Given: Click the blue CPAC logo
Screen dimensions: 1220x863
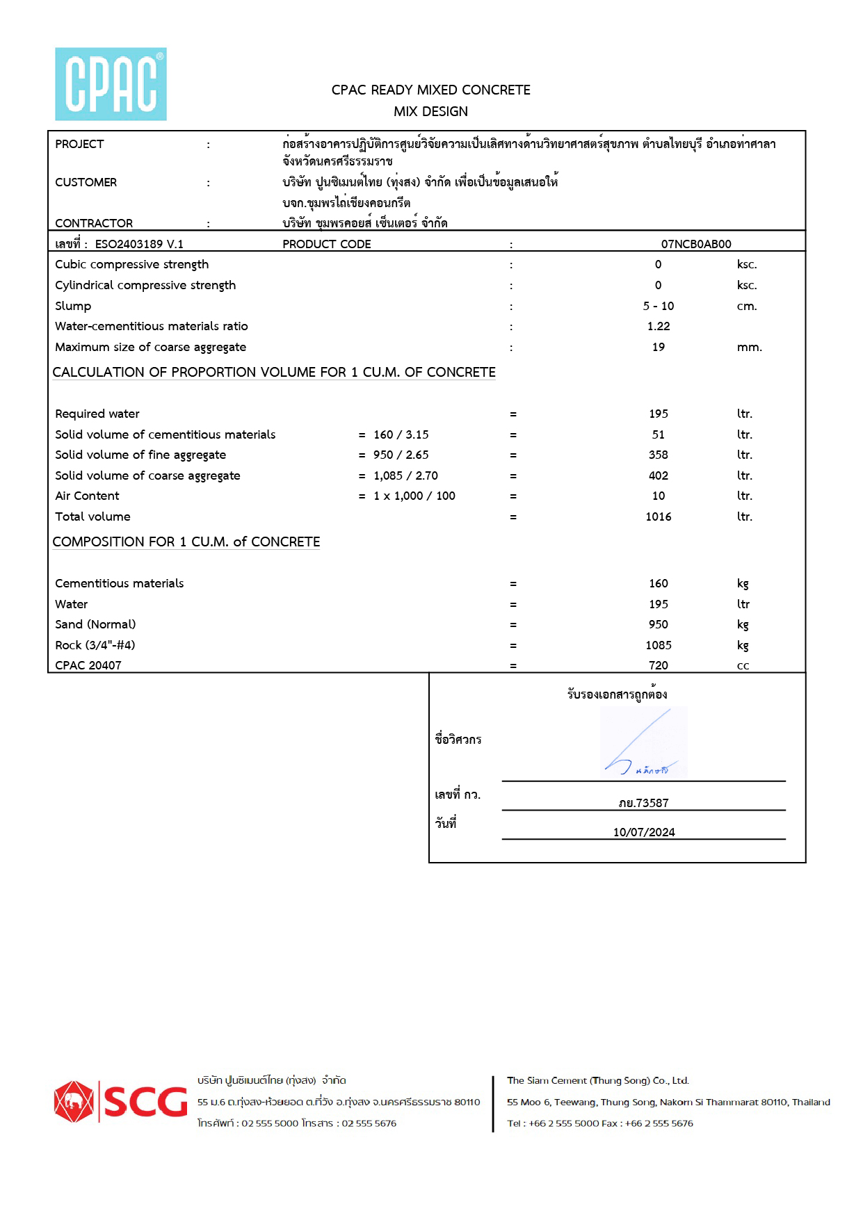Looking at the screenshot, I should point(111,84).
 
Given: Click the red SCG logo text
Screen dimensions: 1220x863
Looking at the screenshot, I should point(146,1103).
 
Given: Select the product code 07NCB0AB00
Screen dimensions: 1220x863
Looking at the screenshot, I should point(695,244).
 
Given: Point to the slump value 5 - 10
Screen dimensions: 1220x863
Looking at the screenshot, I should point(658,306).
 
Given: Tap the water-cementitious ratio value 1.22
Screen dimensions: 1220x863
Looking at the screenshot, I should point(658,326).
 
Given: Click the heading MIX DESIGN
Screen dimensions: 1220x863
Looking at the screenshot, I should point(430,111).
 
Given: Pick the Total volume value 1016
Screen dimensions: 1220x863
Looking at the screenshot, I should point(658,517).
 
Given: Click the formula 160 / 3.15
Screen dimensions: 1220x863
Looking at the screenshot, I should point(401,434).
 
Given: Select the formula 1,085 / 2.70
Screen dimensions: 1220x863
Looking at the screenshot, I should point(405,475).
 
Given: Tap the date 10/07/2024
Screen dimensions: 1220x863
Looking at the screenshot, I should point(643,832).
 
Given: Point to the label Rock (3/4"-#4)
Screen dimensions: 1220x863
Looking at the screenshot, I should point(95,645).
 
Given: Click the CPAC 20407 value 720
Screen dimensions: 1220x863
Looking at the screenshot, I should point(658,665).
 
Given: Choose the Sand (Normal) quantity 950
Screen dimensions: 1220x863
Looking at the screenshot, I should point(658,624).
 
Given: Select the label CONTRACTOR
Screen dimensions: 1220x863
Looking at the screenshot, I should point(94,223).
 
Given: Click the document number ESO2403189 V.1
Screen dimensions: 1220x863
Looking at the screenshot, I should point(139,244).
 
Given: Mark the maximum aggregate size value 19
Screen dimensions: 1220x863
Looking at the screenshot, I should point(658,347).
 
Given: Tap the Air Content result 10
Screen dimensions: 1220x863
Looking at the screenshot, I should point(658,496).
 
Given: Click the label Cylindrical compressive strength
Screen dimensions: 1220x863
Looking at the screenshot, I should point(145,285).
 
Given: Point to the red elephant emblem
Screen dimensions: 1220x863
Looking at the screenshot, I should point(73,1102).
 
